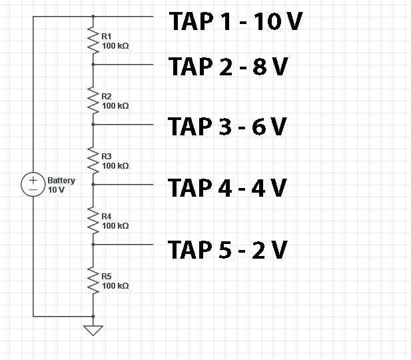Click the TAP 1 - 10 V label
[236, 21]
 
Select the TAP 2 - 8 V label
[228, 67]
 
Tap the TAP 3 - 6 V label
[227, 127]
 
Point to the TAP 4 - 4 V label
[227, 187]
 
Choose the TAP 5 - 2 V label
[228, 250]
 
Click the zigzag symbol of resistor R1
[93, 40]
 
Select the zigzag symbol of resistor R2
[93, 100]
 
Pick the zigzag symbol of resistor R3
[93, 160]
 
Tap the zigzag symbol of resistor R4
[93, 221]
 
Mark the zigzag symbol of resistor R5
[93, 280]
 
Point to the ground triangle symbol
[93, 330]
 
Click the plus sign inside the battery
[33, 180]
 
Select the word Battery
[61, 181]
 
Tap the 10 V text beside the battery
[56, 190]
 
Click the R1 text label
[107, 36]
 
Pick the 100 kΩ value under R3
[115, 166]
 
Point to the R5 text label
[107, 276]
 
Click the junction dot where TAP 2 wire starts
[93, 64]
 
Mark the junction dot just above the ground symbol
[93, 317]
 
